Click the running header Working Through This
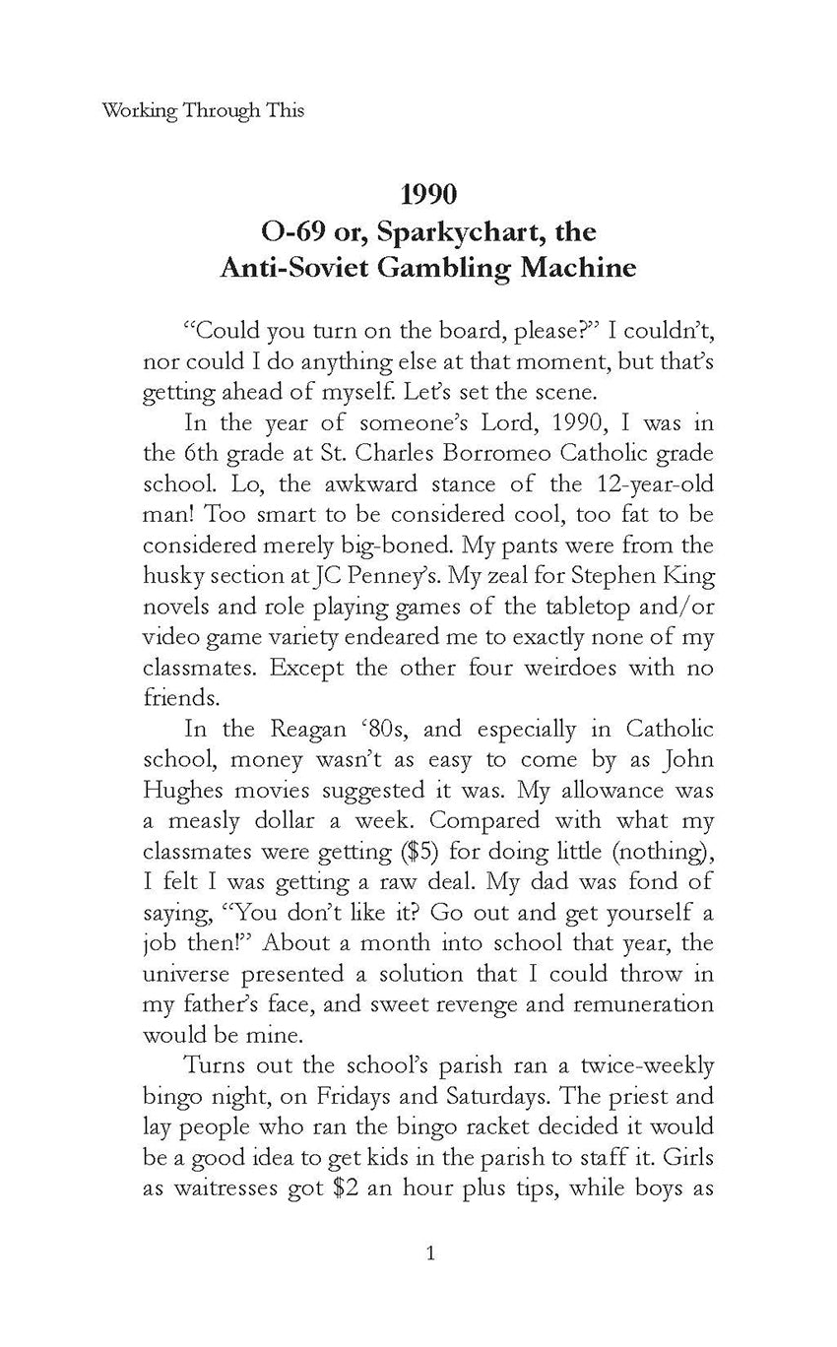click(x=203, y=110)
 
